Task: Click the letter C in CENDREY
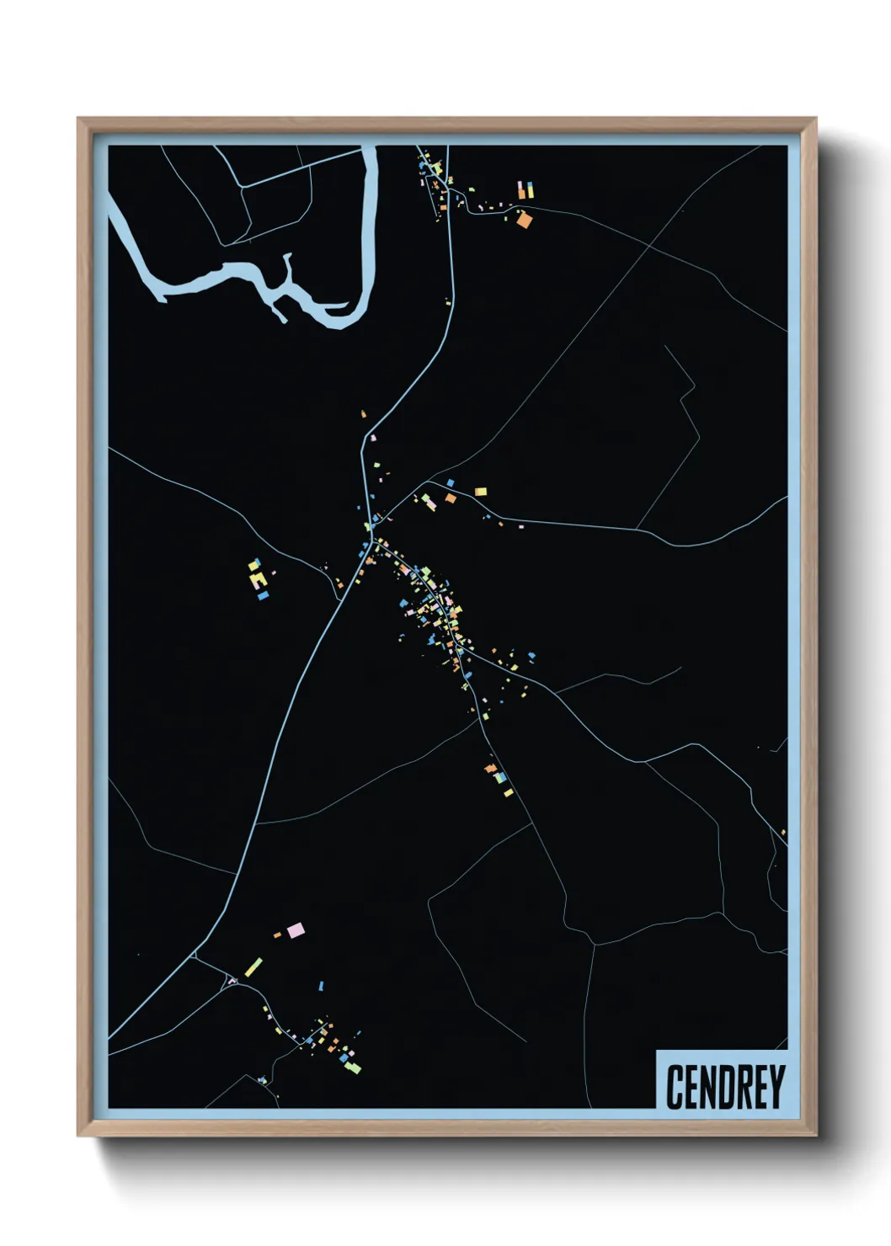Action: (x=675, y=1087)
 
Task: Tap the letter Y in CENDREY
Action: (x=776, y=1087)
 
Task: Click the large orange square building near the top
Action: (x=524, y=221)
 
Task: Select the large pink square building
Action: (x=295, y=930)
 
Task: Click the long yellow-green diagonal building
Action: (x=253, y=966)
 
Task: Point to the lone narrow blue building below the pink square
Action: (x=321, y=986)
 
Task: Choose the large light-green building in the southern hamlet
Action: (x=354, y=1068)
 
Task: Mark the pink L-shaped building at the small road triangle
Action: (x=232, y=980)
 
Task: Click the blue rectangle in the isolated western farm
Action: (x=264, y=595)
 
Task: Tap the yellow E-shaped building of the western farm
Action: (x=259, y=579)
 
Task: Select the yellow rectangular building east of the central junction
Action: (x=480, y=491)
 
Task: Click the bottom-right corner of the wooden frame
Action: (x=815, y=1135)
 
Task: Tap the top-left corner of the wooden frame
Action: (x=78, y=119)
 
